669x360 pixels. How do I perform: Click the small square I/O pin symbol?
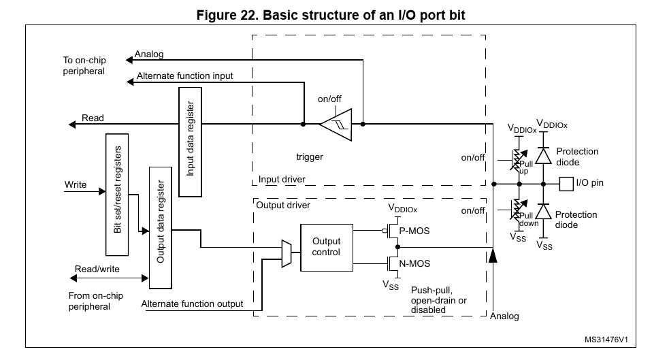click(564, 183)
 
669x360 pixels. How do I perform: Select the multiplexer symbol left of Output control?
click(286, 253)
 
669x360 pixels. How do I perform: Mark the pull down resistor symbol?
click(515, 207)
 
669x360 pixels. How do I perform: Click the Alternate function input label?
click(184, 76)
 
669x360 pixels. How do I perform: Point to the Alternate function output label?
click(192, 304)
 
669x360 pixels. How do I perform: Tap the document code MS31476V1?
click(605, 339)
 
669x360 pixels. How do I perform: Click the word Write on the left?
click(76, 184)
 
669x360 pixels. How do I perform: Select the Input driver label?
click(282, 180)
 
